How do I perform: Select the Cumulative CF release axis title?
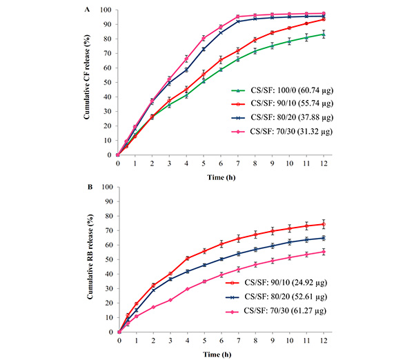[90, 83]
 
